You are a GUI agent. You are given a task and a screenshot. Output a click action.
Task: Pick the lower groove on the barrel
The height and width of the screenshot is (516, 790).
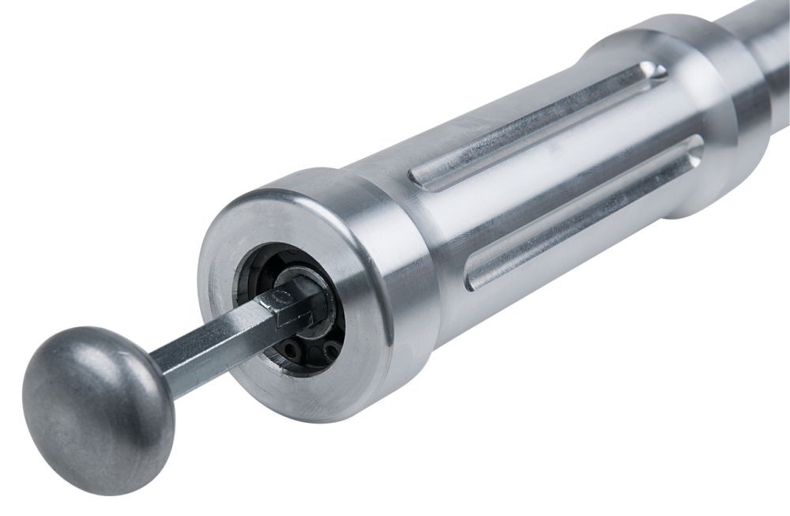[x=585, y=209]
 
